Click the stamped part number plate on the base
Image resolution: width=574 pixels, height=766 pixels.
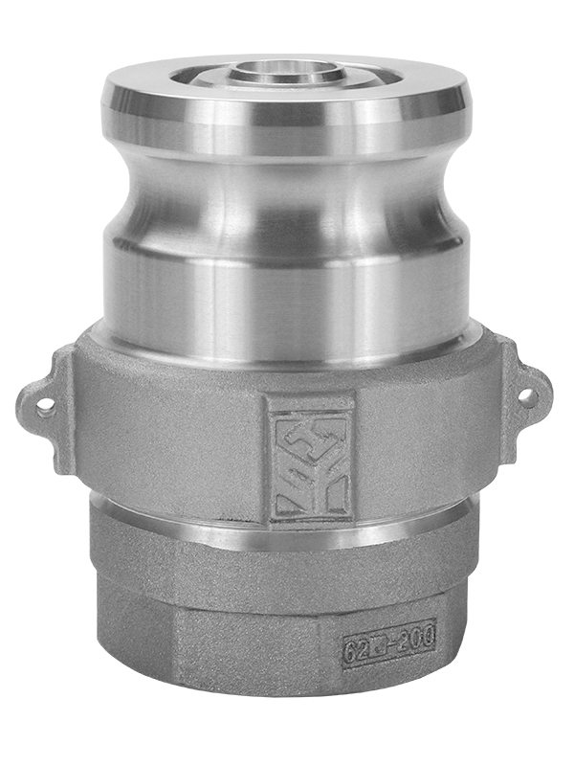click(389, 642)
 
